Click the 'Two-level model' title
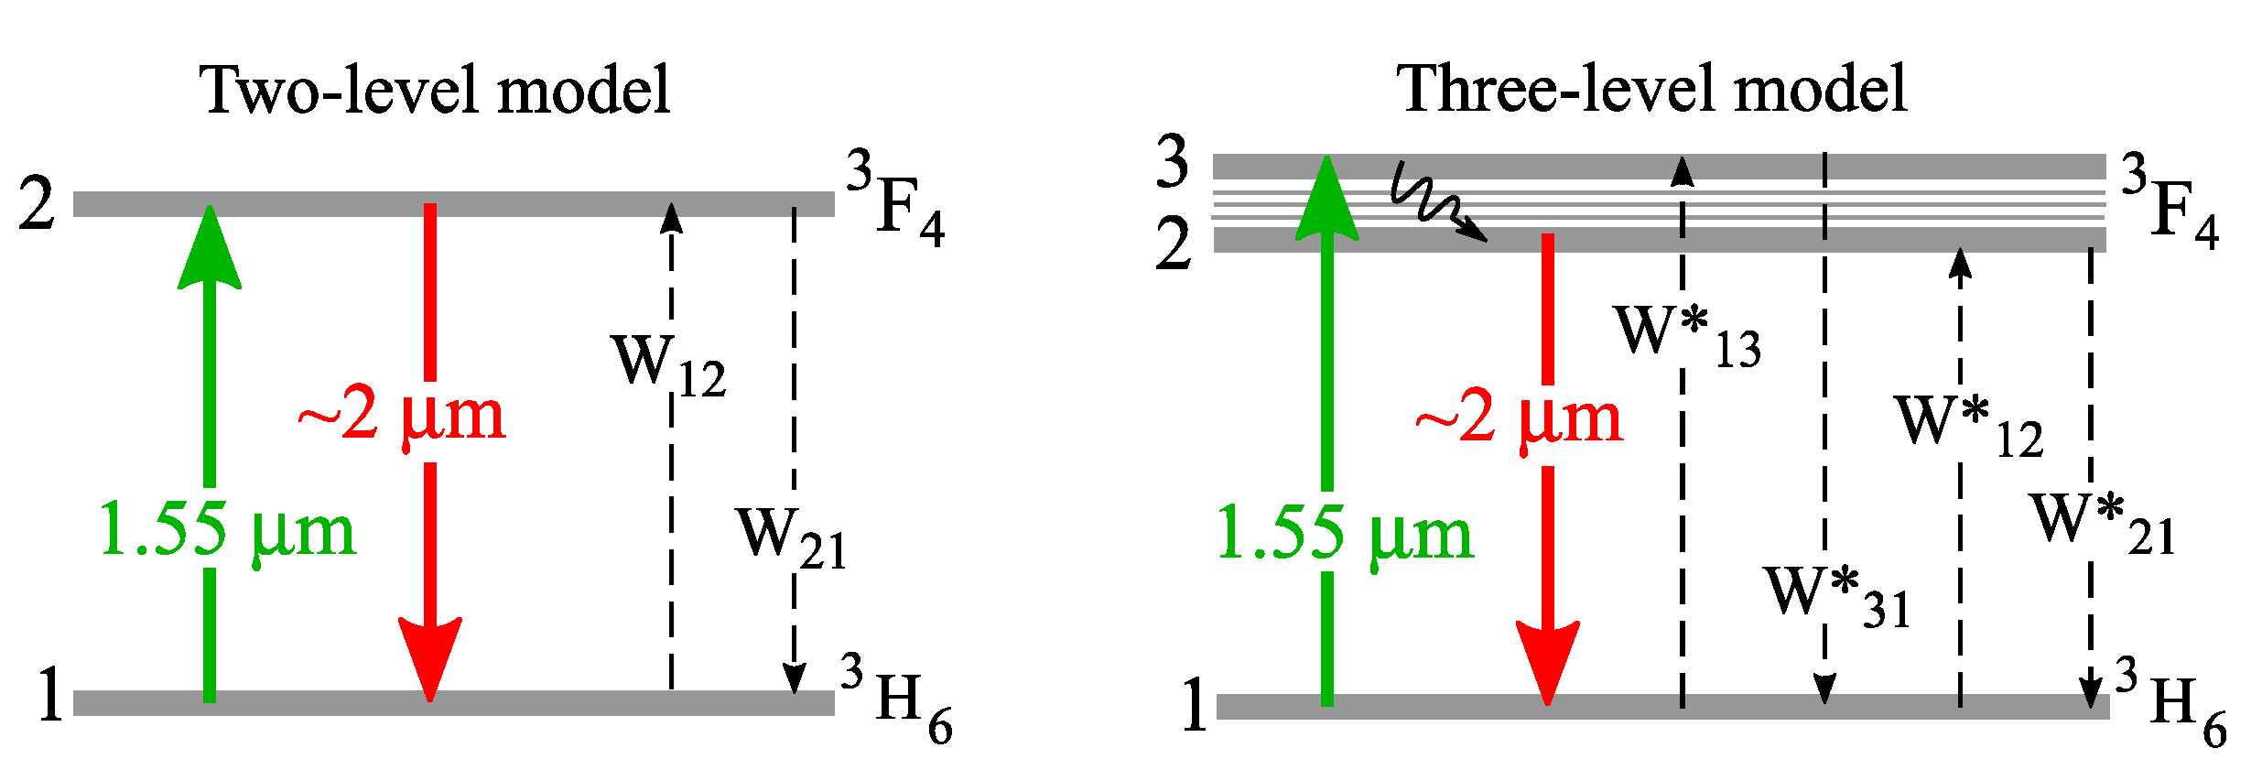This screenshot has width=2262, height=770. pos(436,91)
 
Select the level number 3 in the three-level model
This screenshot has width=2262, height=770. pos(1173,162)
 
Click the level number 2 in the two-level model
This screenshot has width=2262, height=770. pos(38,203)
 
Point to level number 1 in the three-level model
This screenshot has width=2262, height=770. pos(1194,705)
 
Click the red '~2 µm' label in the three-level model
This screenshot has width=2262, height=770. pos(1520,419)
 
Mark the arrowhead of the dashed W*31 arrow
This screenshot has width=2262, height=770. pos(1824,689)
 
